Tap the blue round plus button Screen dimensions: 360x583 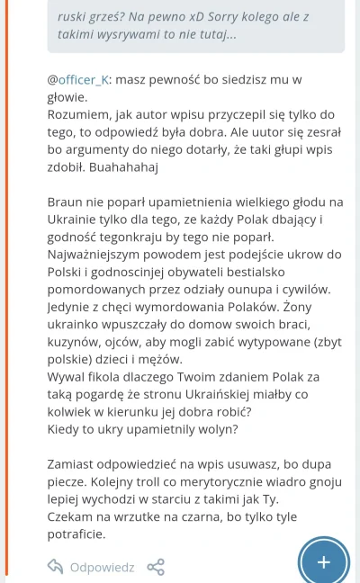(x=324, y=561)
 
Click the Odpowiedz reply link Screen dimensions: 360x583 (x=102, y=568)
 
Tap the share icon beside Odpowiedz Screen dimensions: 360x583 (x=156, y=568)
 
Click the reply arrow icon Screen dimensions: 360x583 (x=56, y=568)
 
